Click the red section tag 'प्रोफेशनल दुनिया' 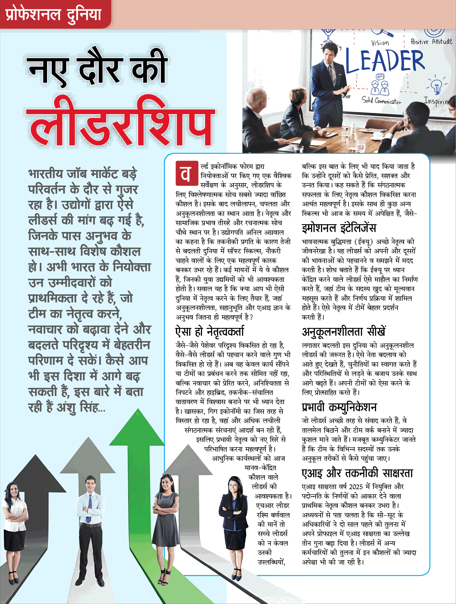coord(53,14)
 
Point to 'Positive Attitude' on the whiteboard coord(431,42)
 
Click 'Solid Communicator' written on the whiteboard coord(381,100)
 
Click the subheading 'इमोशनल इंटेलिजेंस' coord(339,228)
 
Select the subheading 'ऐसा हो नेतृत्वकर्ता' coord(210,332)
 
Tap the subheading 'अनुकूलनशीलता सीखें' coord(344,332)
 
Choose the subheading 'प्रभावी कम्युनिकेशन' coord(339,407)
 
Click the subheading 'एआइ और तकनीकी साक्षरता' coord(357,473)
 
